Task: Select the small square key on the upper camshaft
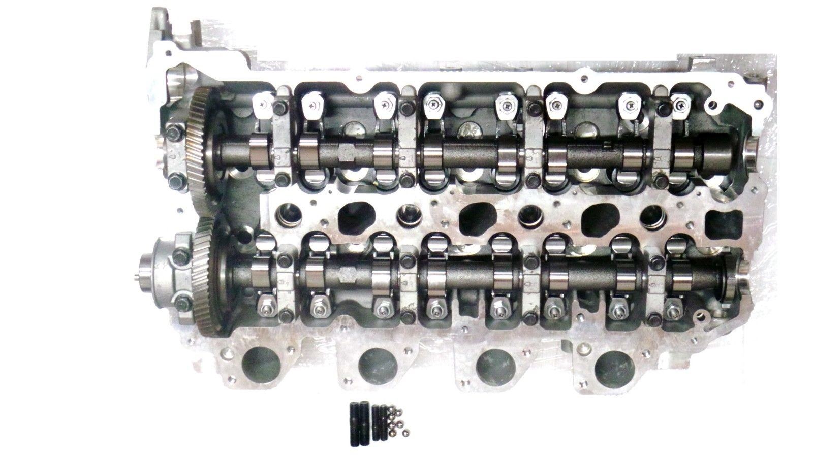607,147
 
